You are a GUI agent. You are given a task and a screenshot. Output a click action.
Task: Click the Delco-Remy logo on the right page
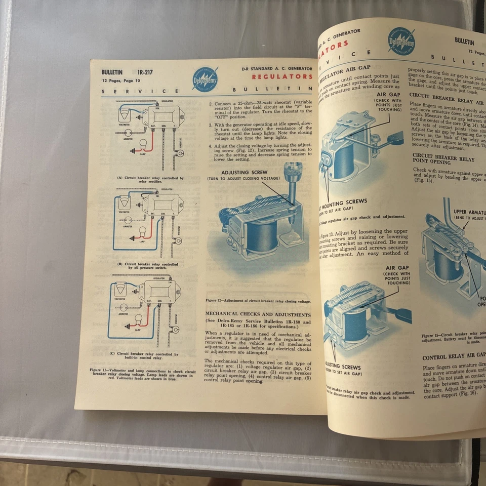pyautogui.click(x=401, y=42)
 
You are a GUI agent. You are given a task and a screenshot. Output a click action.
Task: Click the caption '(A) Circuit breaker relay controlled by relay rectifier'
pyautogui.click(x=150, y=180)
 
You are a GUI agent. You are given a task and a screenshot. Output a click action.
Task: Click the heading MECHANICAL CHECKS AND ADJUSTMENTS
pyautogui.click(x=258, y=314)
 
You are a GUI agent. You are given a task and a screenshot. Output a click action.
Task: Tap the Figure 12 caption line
pyautogui.click(x=258, y=301)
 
